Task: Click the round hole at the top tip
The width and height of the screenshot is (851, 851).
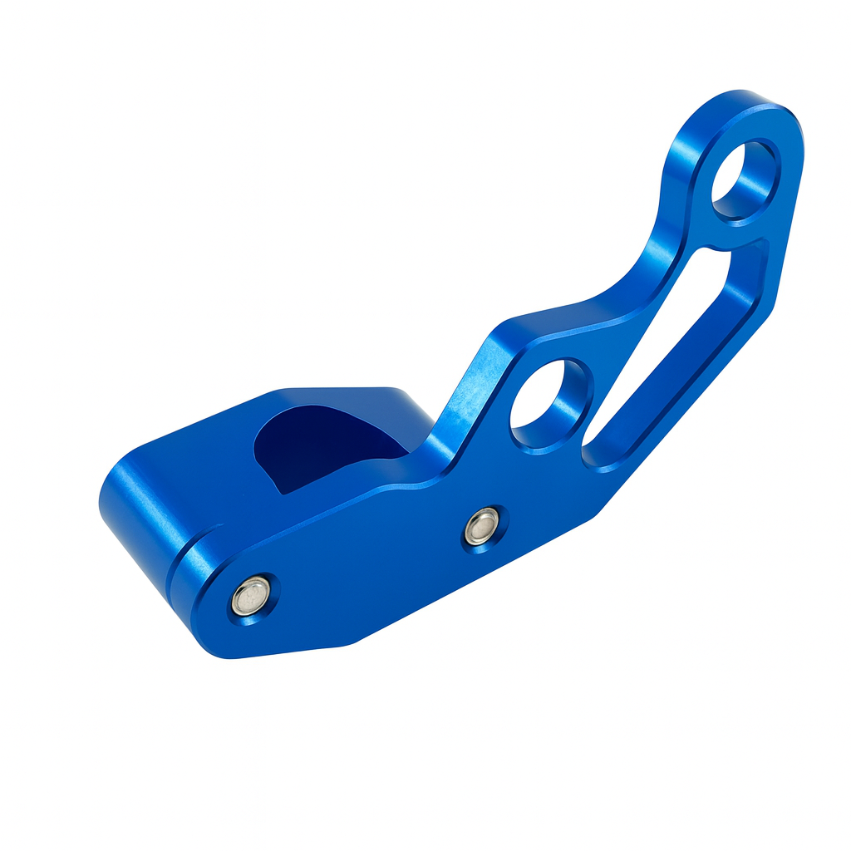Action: coord(742,181)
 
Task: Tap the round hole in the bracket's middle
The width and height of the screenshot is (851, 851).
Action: coord(548,405)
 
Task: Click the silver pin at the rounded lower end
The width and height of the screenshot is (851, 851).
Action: coord(250,595)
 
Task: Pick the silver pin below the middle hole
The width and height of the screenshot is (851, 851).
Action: coord(481,527)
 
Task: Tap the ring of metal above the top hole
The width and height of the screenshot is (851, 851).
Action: coord(748,116)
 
